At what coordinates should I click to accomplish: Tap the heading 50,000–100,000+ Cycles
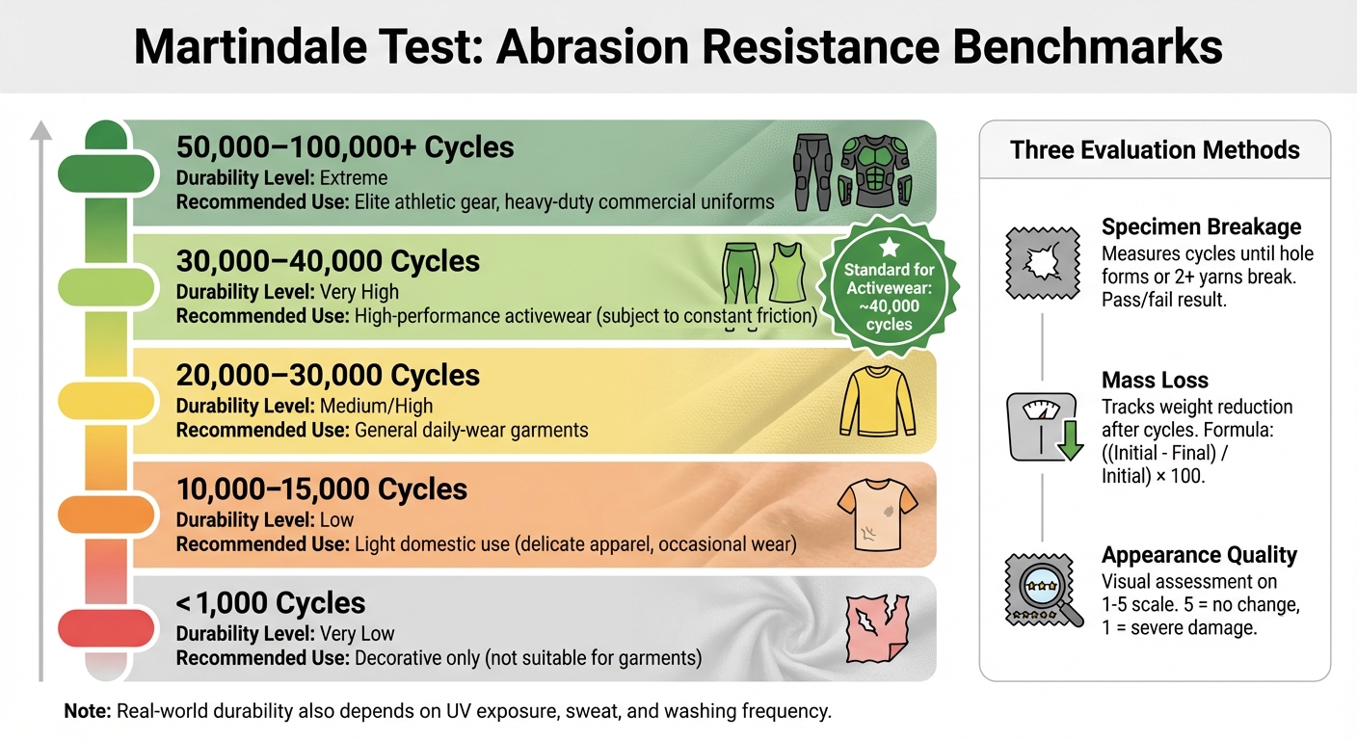coord(345,147)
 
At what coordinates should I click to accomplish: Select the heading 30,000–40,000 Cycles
coord(328,261)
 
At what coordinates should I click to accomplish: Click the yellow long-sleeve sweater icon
coord(876,401)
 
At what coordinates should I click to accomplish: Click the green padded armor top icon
coord(875,172)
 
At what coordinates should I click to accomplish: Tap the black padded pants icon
coord(813,172)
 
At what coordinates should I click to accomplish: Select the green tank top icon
coord(787,273)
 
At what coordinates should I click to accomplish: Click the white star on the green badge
coord(889,248)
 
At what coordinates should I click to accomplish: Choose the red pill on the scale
coord(107,628)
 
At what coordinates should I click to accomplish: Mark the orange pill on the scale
coord(107,514)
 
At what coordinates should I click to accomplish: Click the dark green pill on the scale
coord(107,172)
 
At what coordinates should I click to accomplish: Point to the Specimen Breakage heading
coord(1201,227)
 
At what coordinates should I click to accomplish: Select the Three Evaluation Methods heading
coord(1155,150)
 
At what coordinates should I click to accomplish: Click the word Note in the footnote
coord(88,712)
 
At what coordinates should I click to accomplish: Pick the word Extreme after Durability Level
coord(355,178)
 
